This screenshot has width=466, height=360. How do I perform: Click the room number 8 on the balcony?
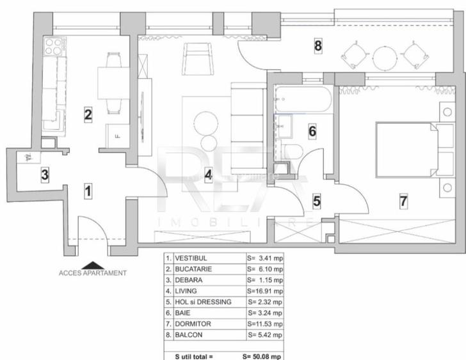318,45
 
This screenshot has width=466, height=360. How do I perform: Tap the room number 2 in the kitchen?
88,115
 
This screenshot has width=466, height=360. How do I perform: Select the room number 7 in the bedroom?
403,201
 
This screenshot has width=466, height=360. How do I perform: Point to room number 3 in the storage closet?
44,175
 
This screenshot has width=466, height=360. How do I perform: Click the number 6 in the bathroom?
312,132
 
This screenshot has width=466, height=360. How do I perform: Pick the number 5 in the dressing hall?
316,201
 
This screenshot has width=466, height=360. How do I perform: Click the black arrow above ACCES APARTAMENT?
93,264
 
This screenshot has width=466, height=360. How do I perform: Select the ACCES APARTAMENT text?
93,273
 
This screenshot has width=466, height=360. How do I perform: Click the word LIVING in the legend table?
186,291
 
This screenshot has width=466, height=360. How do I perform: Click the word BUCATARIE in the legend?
193,269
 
